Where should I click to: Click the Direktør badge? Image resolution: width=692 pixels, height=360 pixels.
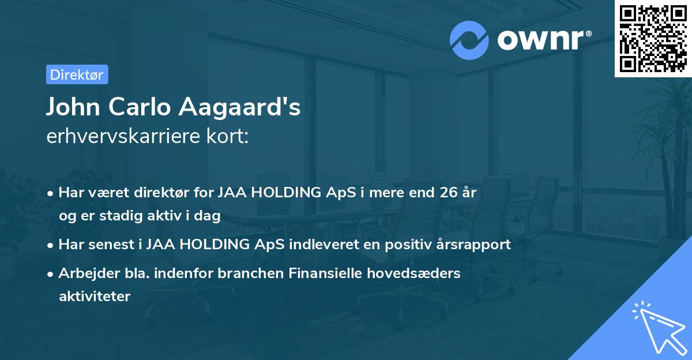point(77,75)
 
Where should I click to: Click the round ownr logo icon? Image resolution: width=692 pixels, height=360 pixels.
point(469,40)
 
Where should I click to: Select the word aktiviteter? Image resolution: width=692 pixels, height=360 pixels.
point(95,297)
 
